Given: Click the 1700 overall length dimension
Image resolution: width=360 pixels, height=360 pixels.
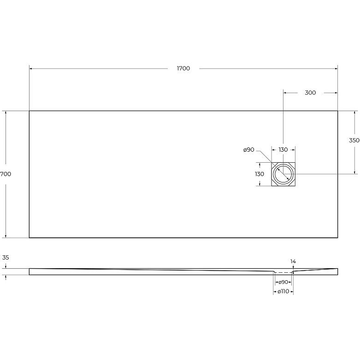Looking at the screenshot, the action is [x=183, y=68].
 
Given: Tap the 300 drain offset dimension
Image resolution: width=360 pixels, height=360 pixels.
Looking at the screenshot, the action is [x=310, y=93].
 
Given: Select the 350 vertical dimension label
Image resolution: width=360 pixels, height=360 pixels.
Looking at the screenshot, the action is [x=354, y=140].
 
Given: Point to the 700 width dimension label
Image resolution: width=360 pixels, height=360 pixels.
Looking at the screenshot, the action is [x=6, y=174].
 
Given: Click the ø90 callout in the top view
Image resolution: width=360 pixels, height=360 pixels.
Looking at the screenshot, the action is [x=248, y=150].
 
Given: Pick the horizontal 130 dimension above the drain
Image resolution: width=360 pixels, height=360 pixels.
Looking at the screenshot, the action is [x=283, y=150].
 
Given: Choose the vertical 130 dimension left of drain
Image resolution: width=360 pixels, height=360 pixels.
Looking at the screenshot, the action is [x=260, y=174].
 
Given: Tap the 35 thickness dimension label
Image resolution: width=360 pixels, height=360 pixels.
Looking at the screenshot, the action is [x=6, y=258].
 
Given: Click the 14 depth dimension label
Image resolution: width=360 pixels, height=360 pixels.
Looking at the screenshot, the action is [x=293, y=261].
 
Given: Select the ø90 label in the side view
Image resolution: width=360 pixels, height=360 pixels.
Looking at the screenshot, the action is [x=283, y=282].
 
